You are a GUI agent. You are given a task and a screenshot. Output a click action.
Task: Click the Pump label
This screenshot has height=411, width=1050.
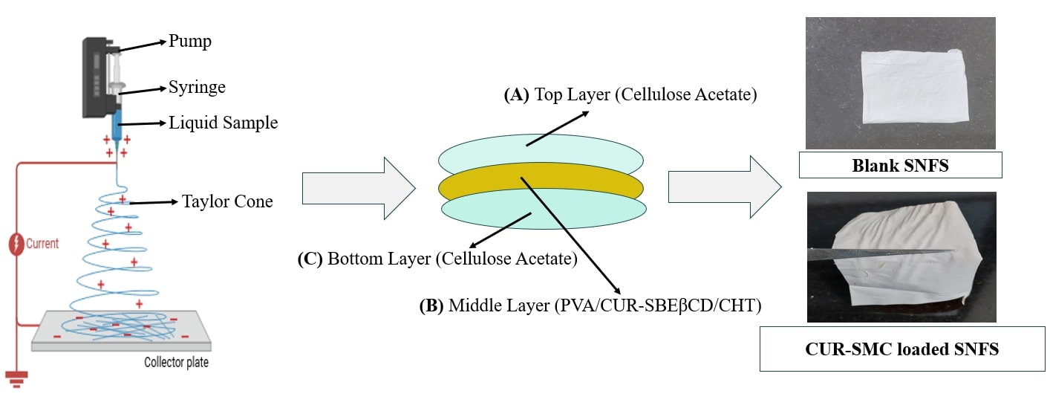190,42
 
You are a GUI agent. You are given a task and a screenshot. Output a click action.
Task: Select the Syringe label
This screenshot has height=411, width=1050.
197,88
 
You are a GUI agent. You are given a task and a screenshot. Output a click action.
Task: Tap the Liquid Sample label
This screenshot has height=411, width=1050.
223,123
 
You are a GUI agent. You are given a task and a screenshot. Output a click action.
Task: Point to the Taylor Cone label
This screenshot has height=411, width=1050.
227,201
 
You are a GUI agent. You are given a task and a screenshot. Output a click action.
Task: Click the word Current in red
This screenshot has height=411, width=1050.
42,243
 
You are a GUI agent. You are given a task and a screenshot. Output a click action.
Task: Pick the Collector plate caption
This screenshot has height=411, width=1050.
176,363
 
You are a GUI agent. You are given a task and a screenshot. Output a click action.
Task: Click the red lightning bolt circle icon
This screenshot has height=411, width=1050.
16,245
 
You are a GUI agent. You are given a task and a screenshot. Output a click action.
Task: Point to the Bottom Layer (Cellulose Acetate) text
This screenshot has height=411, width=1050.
437,259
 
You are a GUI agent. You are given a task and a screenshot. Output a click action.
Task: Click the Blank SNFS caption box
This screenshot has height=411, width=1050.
900,165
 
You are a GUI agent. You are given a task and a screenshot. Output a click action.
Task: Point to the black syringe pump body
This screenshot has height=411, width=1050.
94,78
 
